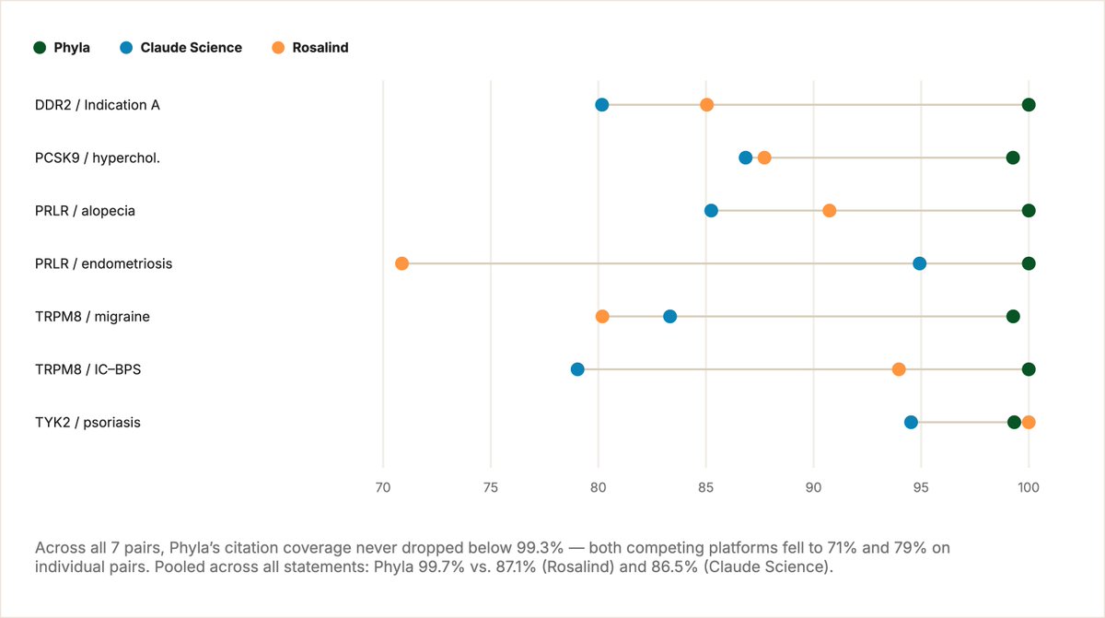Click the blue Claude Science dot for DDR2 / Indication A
[602, 105]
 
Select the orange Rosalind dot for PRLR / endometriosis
[402, 263]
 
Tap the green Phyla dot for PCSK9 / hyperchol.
[1013, 157]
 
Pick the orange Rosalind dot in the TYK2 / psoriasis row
[1029, 422]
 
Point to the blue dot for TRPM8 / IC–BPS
[577, 369]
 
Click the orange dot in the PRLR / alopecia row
[830, 211]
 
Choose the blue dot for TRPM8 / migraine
[670, 316]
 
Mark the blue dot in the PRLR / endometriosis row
[920, 263]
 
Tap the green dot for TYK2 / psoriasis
[1014, 422]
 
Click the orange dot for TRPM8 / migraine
[602, 316]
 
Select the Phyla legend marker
[40, 47]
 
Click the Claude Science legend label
[192, 47]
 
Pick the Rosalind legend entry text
[320, 47]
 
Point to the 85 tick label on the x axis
[706, 487]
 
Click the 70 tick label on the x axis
[383, 487]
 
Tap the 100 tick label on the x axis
[1029, 487]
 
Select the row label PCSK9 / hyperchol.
[98, 157]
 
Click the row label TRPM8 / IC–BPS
[87, 369]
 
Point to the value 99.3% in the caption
[541, 547]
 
